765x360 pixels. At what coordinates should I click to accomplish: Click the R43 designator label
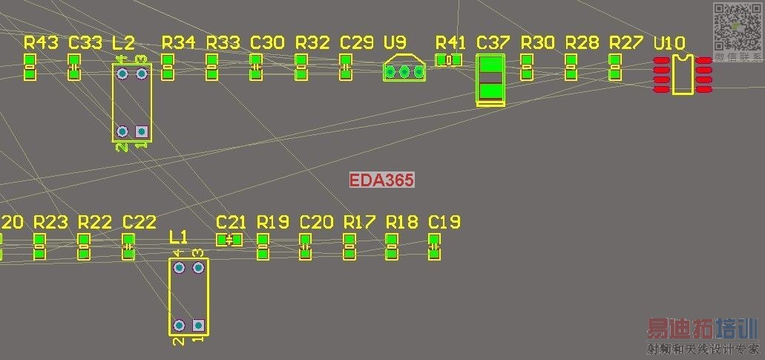tap(41, 42)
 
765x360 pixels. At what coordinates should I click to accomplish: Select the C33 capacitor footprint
tap(74, 67)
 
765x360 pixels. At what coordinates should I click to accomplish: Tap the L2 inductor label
tap(123, 42)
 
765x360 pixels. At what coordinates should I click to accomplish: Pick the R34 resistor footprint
tap(167, 67)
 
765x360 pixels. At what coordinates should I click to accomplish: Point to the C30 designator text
tap(267, 42)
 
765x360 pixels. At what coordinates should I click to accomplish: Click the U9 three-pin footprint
tap(404, 71)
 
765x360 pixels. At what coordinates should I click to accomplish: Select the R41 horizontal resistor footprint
tap(448, 60)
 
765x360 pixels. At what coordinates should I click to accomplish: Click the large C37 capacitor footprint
tap(490, 79)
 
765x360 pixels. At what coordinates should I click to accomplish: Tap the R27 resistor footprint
tap(615, 67)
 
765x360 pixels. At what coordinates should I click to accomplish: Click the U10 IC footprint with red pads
tap(682, 74)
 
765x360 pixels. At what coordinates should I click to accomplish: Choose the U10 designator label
tap(669, 44)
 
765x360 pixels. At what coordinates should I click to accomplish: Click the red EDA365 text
tap(381, 180)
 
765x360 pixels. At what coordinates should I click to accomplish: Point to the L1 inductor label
tap(179, 237)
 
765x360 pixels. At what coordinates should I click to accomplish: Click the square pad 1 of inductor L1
tap(198, 325)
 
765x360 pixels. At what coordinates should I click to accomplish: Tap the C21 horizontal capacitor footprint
tap(229, 239)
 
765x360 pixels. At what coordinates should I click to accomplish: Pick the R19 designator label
tap(272, 221)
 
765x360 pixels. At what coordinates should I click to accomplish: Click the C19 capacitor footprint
tap(435, 246)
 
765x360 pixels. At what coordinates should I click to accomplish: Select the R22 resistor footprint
tap(84, 246)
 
